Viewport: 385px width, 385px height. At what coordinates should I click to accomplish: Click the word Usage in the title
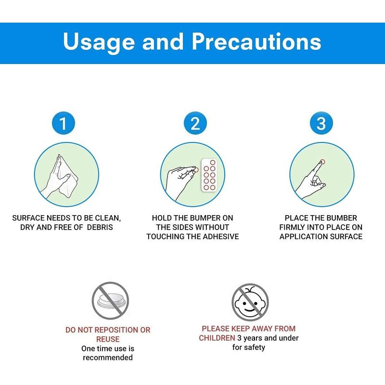(99, 42)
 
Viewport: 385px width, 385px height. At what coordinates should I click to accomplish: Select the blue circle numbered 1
(64, 123)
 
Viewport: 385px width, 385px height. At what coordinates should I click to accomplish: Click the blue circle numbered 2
(195, 123)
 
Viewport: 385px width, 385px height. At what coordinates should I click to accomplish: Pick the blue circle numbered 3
(321, 123)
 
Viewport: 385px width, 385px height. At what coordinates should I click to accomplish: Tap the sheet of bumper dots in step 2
(209, 175)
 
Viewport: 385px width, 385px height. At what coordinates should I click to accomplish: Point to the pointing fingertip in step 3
(322, 162)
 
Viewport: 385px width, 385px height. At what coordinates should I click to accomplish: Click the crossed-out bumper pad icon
(110, 300)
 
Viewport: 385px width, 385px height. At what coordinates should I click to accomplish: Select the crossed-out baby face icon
(250, 302)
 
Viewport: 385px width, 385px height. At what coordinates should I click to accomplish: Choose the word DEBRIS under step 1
(100, 227)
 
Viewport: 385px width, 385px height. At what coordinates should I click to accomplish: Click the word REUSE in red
(108, 339)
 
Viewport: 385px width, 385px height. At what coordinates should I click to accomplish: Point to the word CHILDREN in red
(217, 338)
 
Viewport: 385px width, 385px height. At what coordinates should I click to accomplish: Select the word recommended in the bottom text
(108, 358)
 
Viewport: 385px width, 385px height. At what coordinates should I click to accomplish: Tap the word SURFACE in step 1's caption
(28, 218)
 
